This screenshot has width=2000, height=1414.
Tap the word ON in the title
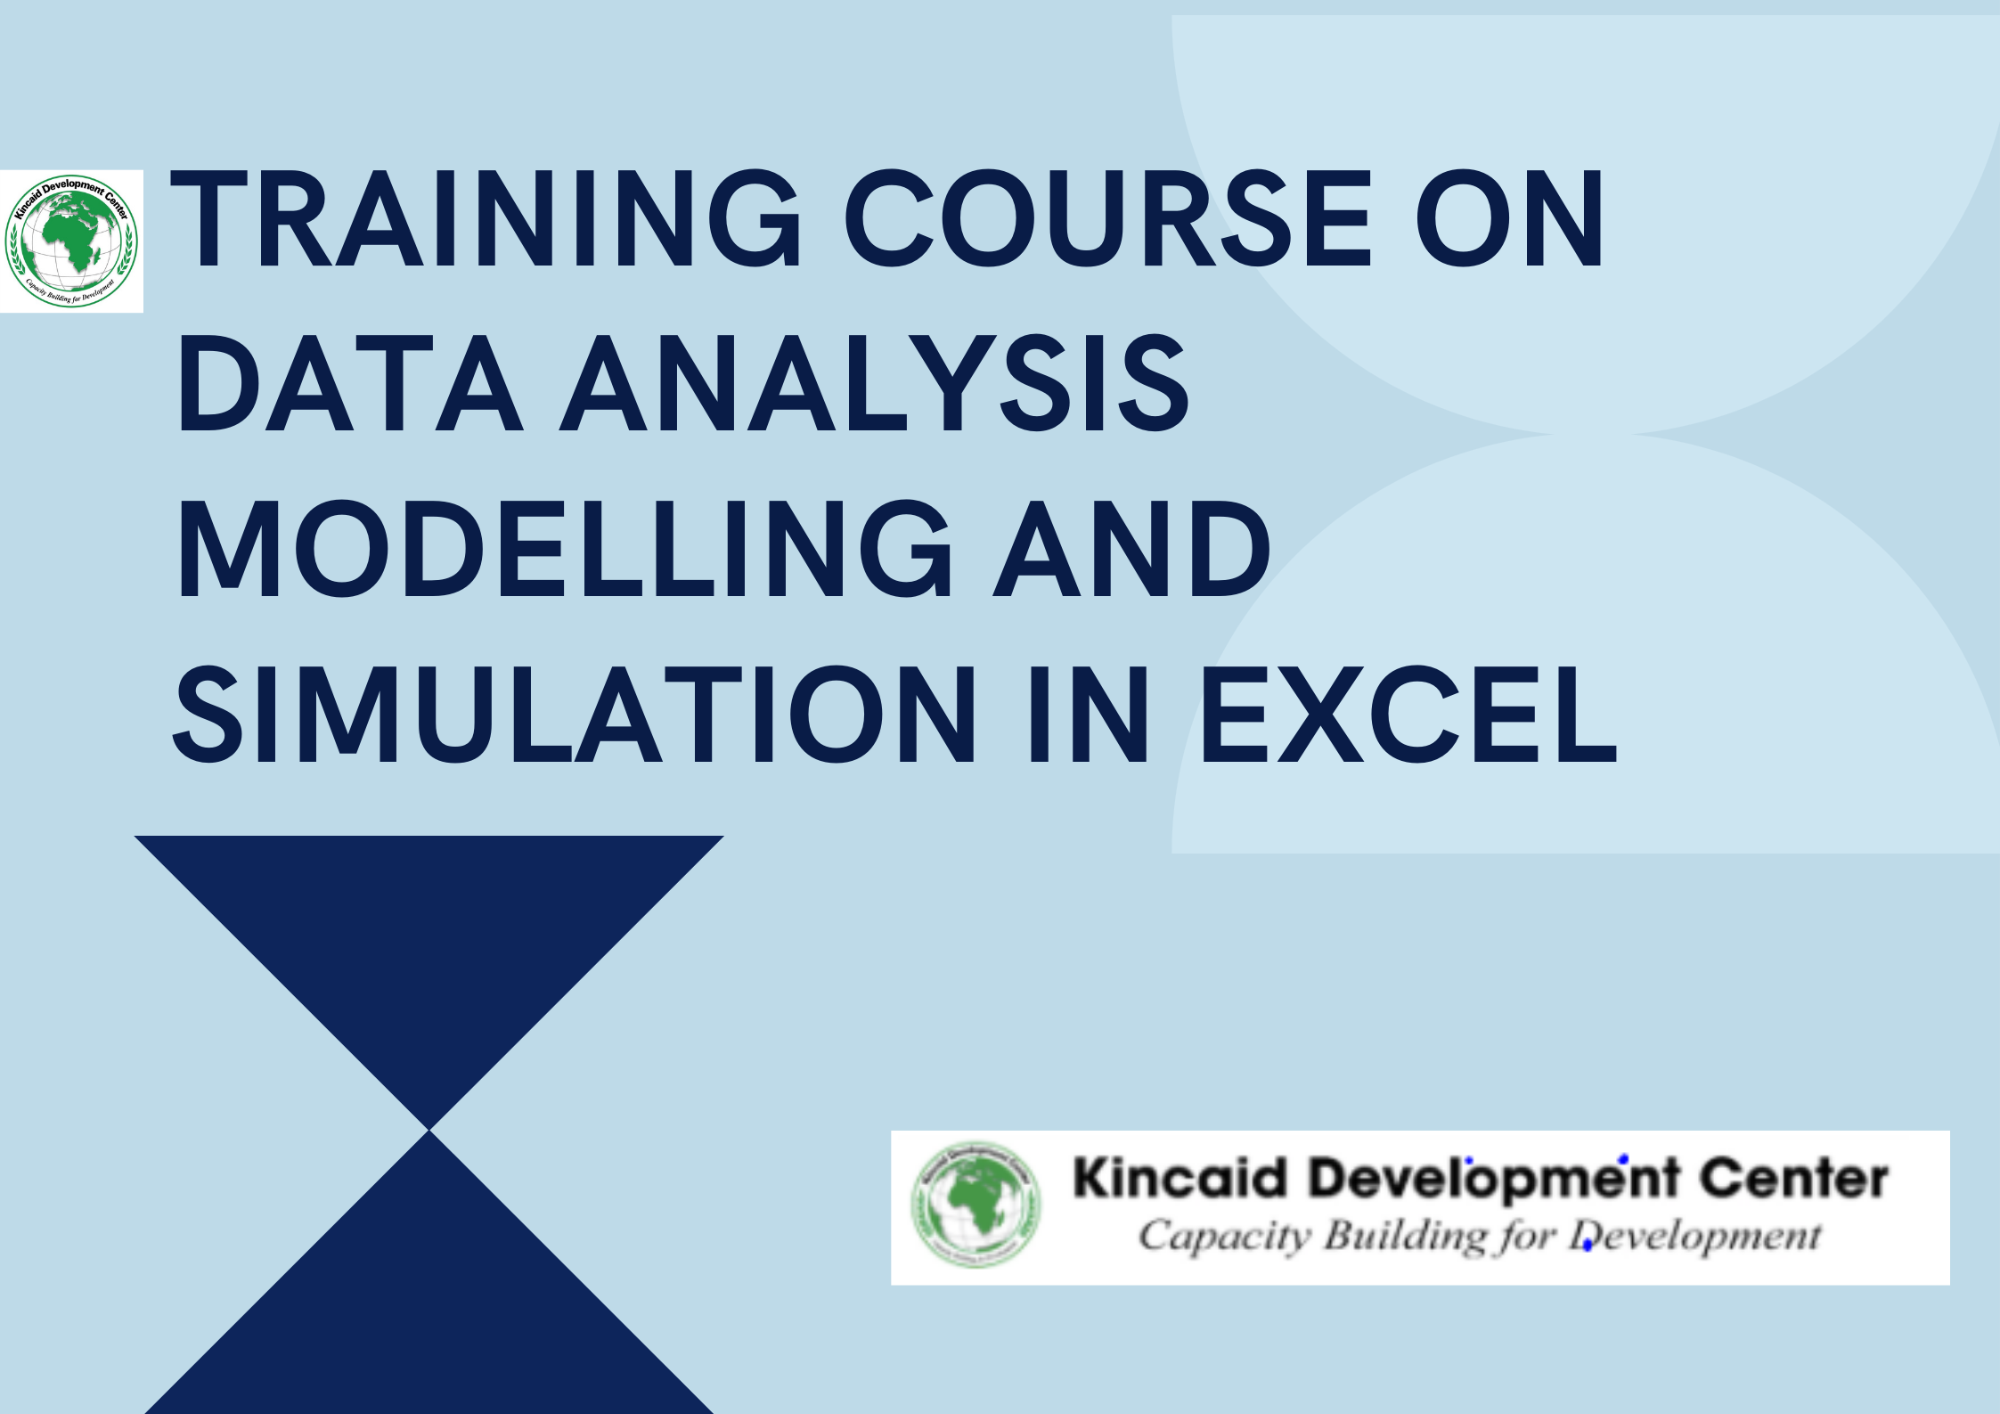(x=1510, y=219)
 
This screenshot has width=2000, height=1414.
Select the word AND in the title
(x=1131, y=549)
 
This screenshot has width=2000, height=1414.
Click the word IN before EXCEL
(x=1088, y=715)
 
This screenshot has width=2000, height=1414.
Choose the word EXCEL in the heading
(x=1408, y=715)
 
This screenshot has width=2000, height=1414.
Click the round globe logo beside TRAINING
(x=71, y=241)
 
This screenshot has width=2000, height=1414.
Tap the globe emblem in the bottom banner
(x=976, y=1206)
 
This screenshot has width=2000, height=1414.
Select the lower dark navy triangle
(x=429, y=1310)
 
